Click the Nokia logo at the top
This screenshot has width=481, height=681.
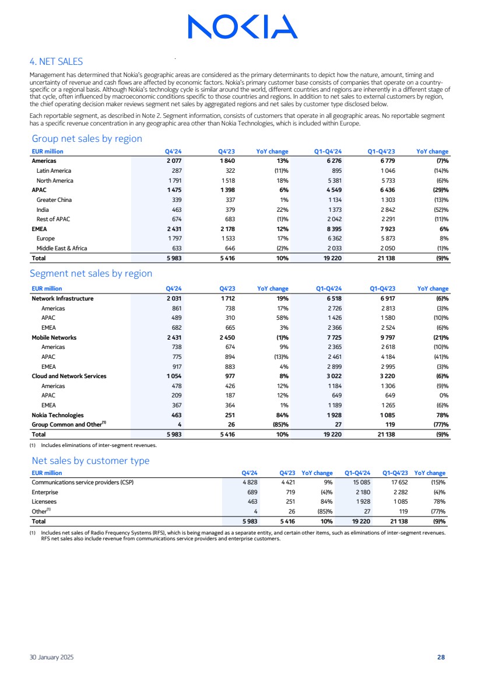point(243,26)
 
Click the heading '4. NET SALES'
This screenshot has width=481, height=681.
point(56,61)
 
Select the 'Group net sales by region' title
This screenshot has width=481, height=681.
point(86,138)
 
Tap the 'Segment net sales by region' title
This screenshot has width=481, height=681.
point(92,273)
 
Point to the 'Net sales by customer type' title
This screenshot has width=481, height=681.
point(90,461)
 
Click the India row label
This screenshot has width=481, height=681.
point(43,209)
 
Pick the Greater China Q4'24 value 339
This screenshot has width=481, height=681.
point(174,200)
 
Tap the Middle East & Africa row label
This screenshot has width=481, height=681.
point(62,247)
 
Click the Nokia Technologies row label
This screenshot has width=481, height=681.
point(58,415)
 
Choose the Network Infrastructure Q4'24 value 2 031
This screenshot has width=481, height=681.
point(174,299)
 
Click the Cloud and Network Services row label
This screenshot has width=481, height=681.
point(69,376)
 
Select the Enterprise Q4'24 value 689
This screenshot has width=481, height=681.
point(251,492)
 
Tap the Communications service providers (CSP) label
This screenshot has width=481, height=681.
point(86,482)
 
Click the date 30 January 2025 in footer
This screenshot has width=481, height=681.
point(51,658)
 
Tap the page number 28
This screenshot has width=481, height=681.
point(441,658)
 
